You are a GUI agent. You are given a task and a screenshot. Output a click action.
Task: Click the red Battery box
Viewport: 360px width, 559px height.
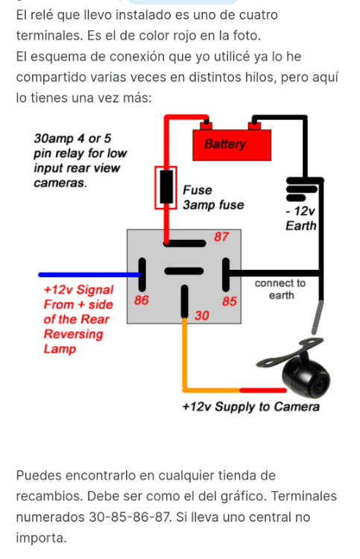[232, 145]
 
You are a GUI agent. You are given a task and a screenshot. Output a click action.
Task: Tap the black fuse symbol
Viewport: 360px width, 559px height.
[166, 186]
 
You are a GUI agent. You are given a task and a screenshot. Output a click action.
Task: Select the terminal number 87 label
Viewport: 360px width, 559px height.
[221, 237]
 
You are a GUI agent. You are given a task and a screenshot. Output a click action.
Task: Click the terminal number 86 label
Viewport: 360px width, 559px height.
[141, 300]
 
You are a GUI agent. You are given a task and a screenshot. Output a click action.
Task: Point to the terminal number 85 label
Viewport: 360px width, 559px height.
[229, 301]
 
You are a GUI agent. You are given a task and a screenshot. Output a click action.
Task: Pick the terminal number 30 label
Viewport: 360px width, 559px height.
[202, 315]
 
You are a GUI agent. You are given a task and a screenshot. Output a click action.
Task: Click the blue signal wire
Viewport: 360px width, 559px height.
[90, 274]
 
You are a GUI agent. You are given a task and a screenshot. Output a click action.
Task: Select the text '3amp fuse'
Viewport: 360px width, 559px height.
[213, 205]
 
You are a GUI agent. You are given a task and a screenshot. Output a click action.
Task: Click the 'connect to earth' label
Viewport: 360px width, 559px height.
[280, 289]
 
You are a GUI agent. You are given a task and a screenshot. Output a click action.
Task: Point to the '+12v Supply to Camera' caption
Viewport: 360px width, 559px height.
[250, 407]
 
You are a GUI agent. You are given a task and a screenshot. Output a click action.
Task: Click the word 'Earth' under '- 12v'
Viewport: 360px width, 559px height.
[301, 226]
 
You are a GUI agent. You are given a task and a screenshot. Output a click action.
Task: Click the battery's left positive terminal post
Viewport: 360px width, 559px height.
[206, 126]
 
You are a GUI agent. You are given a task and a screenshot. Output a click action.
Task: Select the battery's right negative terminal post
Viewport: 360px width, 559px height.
[254, 126]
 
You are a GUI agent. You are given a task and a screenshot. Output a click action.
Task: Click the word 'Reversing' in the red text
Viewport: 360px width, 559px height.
[73, 335]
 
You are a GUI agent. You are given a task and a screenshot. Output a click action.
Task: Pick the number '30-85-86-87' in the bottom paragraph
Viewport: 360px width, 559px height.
[129, 517]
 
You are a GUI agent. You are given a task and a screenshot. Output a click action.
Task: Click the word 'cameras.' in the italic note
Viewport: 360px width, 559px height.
[60, 183]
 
